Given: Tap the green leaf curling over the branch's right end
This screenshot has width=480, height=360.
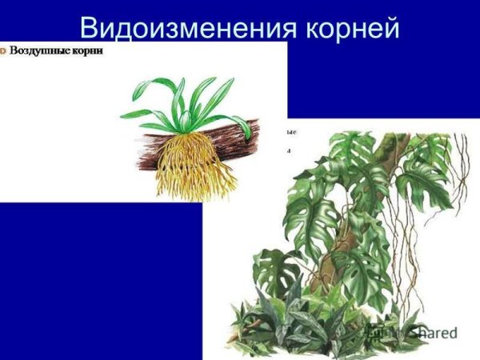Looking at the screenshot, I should [239, 125].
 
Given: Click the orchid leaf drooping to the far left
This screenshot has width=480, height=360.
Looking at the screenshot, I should [133, 114].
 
